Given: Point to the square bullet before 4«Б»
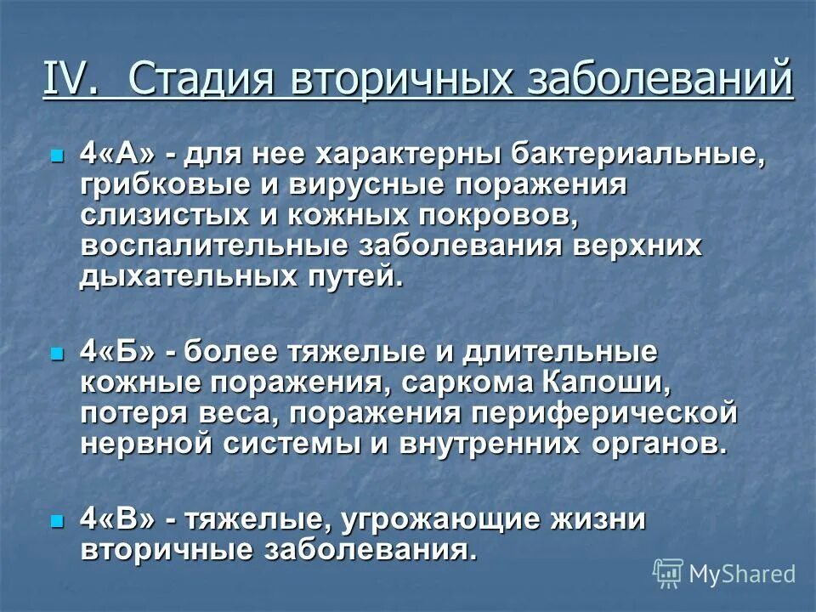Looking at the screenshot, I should tap(57, 352).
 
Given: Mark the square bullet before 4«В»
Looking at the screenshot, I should tap(57, 520).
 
